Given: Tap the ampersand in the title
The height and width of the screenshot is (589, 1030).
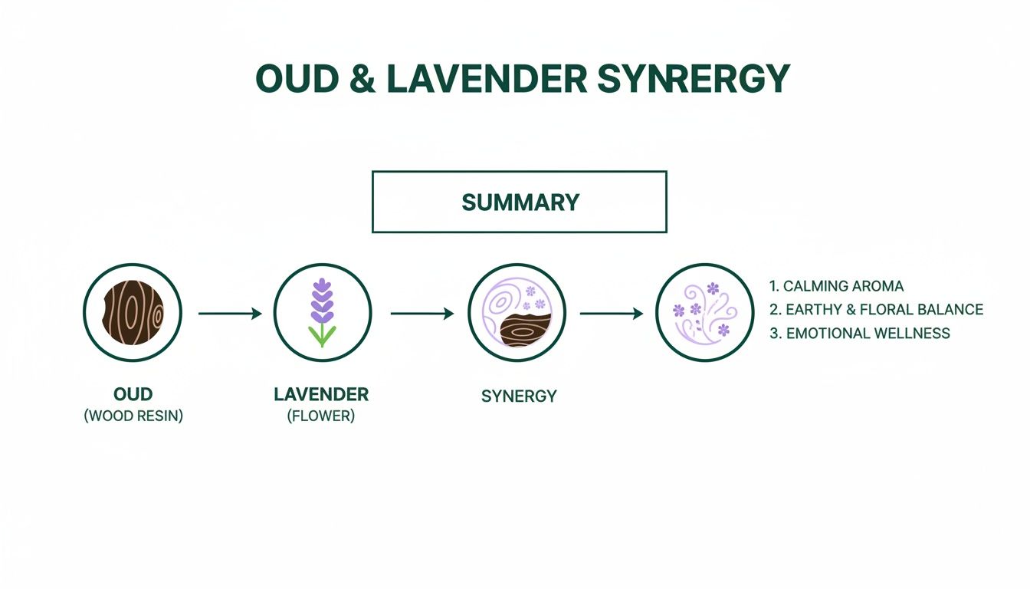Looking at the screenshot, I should pos(362,79).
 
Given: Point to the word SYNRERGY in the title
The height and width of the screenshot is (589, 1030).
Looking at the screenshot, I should pos(692,79).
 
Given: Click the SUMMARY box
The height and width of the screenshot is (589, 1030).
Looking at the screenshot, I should pos(519,202).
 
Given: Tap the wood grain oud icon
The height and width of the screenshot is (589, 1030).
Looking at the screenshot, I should pos(133,313).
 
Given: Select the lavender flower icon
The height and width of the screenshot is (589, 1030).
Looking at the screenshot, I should pos(323,313).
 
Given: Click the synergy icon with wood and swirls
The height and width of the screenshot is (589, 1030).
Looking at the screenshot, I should pos(517,313).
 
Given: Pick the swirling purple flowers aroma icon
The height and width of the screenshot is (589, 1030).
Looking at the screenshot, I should pos(705,313).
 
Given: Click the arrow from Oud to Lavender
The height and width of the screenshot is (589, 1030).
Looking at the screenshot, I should pos(230,313).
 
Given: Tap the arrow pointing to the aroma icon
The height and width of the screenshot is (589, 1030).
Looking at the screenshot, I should pos(611,313).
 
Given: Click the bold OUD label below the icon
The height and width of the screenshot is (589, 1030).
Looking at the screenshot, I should pos(133,394).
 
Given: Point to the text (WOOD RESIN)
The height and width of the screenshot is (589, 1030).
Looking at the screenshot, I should pos(133,418).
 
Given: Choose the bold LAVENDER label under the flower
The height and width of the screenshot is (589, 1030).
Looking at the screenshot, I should pos(321,394).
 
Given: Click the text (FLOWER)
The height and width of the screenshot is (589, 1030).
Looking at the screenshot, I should pos(321,418).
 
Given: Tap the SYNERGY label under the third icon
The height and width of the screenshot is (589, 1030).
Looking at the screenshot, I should pos(519,397).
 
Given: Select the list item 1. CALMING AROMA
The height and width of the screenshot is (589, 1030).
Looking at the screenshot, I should pos(836,286).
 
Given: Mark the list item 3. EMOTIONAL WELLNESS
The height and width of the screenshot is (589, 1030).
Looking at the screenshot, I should pos(859,334).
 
